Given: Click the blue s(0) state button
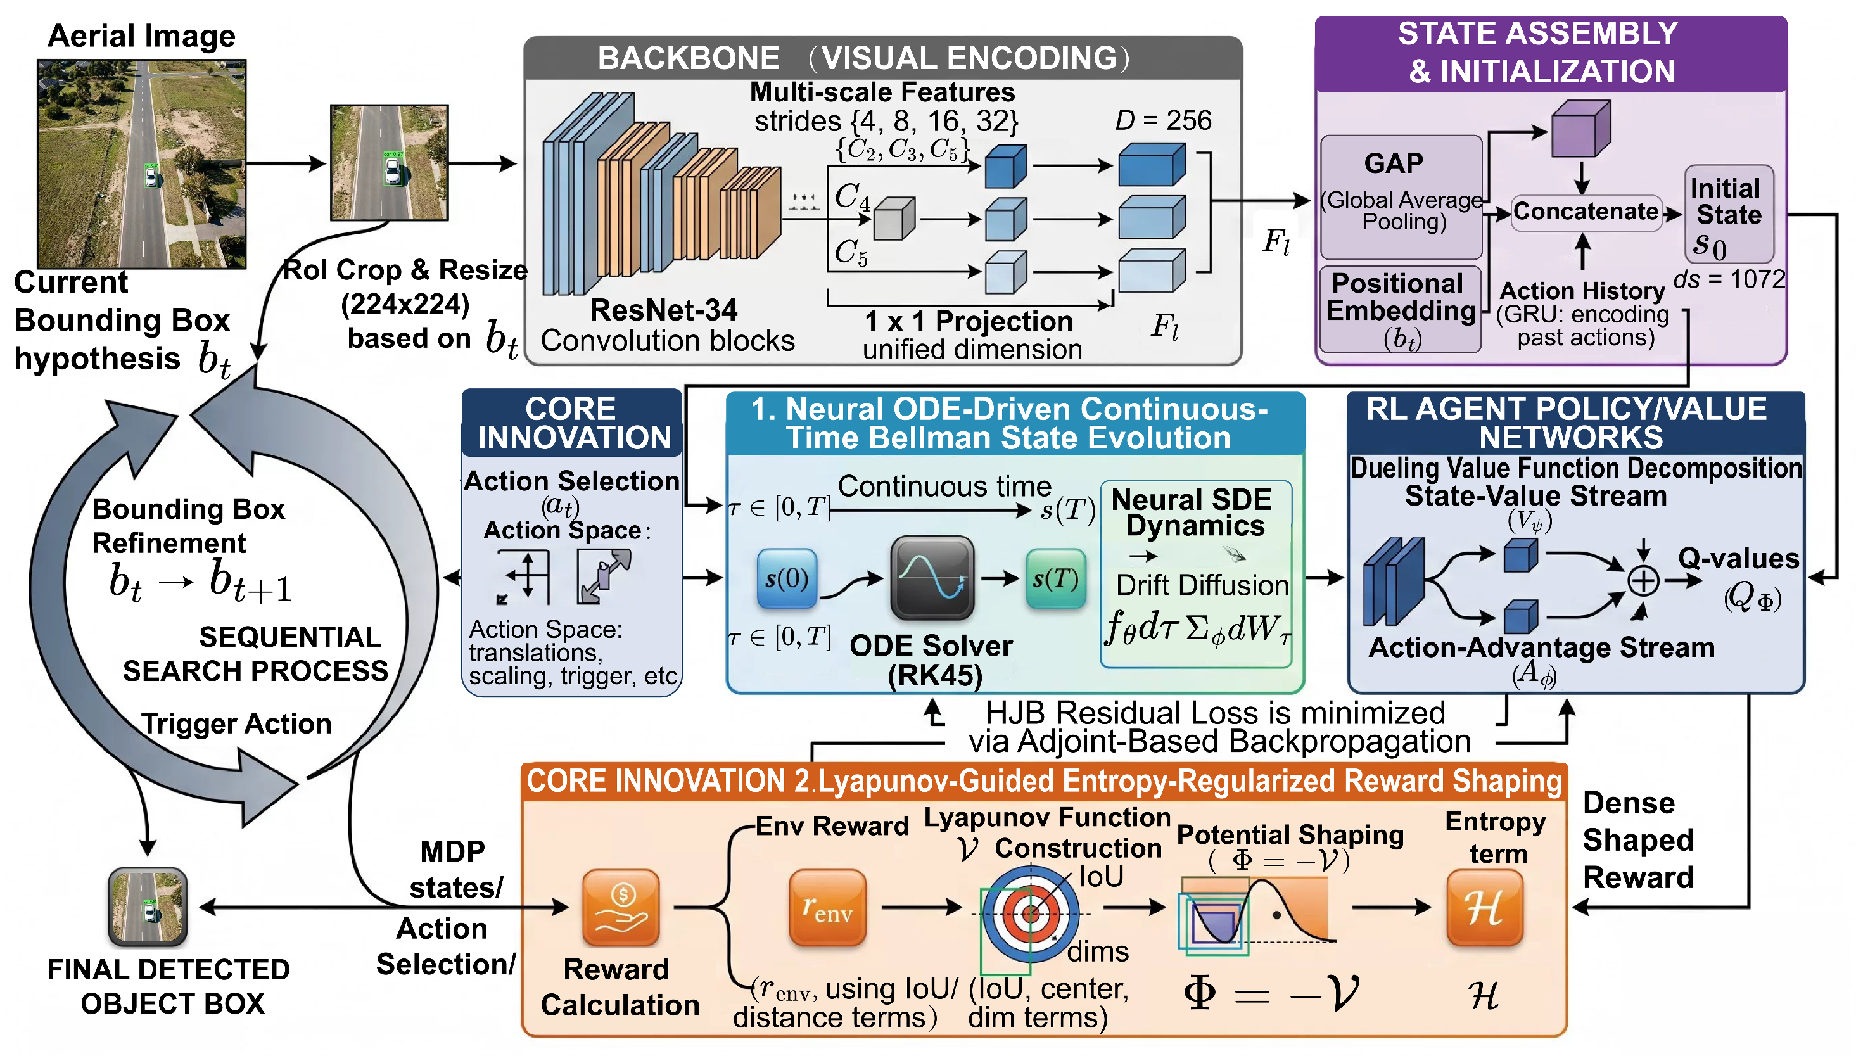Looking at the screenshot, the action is (x=787, y=578).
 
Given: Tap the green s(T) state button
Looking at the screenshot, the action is (x=1055, y=578).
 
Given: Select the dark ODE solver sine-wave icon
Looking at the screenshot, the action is (x=932, y=577).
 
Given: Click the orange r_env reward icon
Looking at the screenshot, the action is (x=827, y=907).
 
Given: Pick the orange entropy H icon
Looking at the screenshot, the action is (x=1484, y=907).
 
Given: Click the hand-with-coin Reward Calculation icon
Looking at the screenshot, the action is (x=621, y=907).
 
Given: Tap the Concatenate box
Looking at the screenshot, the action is (x=1586, y=212).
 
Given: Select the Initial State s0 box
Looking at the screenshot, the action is (x=1729, y=214).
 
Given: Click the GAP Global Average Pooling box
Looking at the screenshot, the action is (x=1401, y=196).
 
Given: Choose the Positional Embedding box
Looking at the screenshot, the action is (x=1400, y=310).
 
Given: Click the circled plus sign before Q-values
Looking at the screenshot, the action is (x=1643, y=580).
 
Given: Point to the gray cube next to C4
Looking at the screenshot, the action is (x=894, y=219).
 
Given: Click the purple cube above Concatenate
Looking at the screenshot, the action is (x=1580, y=129).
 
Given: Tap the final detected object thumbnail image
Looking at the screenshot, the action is (x=148, y=907).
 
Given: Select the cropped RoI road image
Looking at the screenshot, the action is (x=390, y=162).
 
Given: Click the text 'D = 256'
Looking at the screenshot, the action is (x=1163, y=120).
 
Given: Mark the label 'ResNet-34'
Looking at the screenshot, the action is (x=663, y=310).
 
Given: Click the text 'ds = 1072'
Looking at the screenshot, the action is (x=1729, y=279).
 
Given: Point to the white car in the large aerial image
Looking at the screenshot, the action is (x=151, y=175).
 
